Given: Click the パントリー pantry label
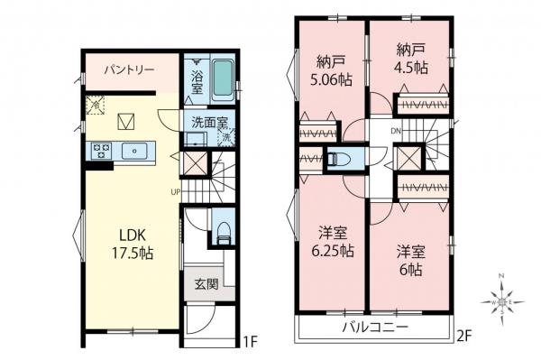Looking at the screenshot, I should point(127,69).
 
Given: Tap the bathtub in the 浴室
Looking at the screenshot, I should point(220,82).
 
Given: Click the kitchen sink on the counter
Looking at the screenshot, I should point(139,151).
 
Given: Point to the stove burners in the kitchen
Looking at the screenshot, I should point(99,151).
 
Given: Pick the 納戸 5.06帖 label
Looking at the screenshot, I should point(331,73).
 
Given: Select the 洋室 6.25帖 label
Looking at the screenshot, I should point(331,240).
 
